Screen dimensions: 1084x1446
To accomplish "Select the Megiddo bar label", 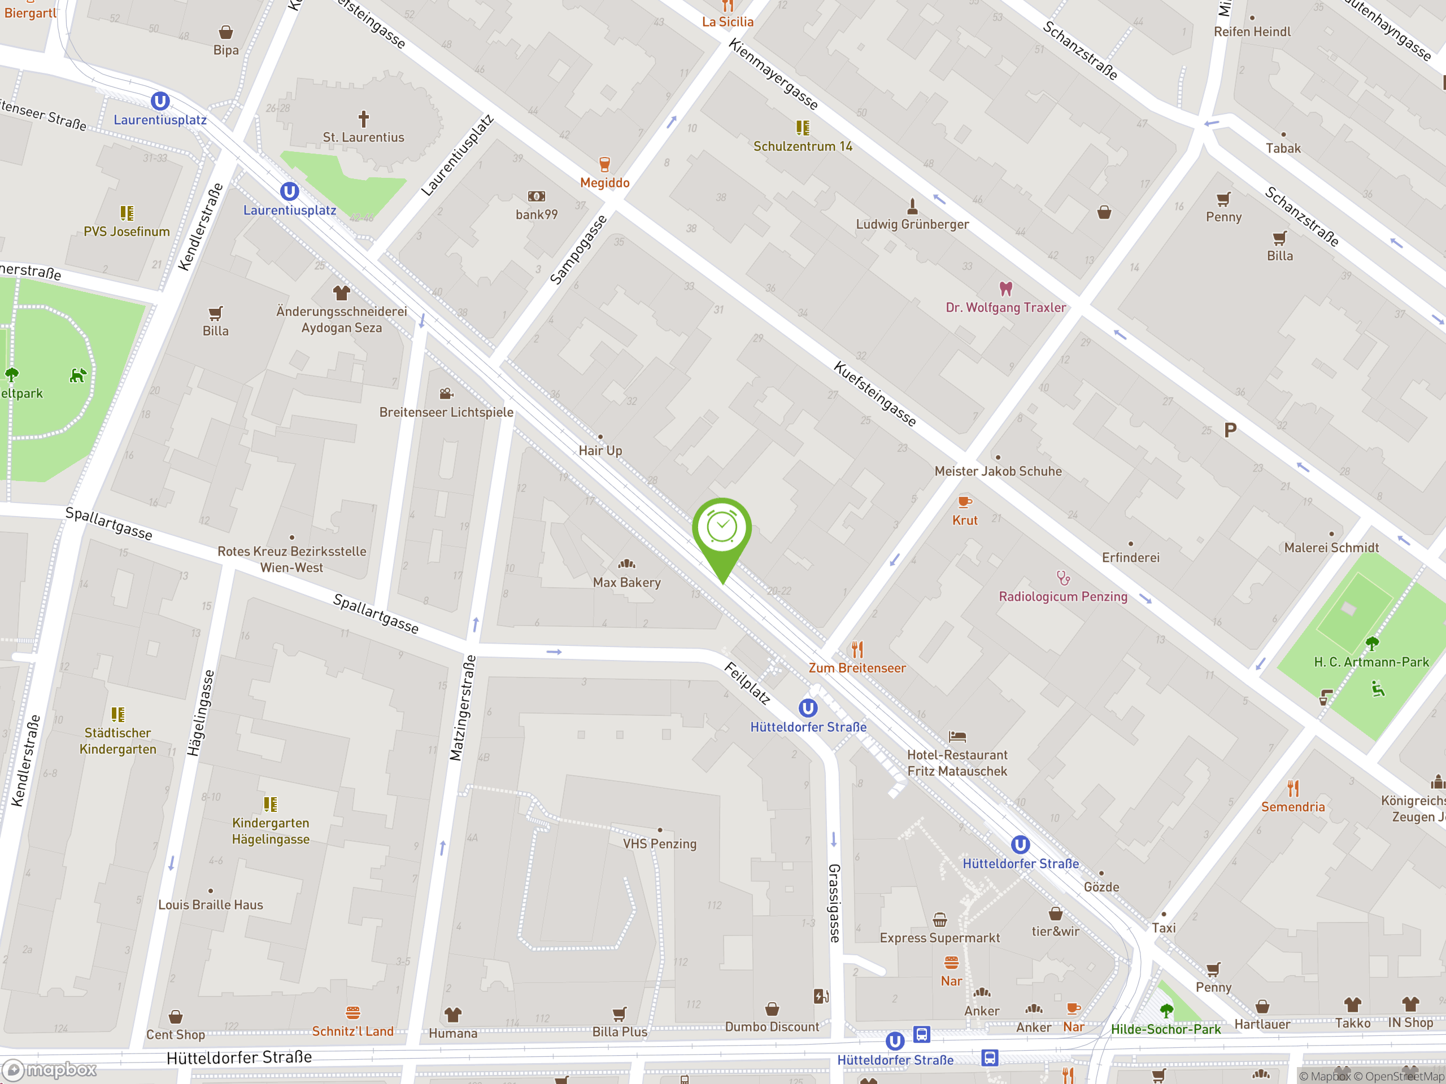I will coord(605,183).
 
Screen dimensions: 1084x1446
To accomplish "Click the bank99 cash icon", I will coord(536,196).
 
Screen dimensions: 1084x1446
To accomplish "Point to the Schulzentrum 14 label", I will coord(803,146).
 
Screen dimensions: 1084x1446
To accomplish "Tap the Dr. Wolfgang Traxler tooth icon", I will coord(1005,288).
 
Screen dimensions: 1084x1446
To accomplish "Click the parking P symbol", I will coord(1230,430).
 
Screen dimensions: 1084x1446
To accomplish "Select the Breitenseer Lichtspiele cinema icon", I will coord(446,394).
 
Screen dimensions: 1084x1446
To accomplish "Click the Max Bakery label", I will coord(626,582).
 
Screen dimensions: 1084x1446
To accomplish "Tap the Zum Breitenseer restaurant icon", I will coord(857,649).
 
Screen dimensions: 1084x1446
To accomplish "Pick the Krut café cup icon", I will coord(964,502).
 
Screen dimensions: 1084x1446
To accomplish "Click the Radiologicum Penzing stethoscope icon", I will coord(1063,578).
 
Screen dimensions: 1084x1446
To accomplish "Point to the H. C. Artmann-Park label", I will coord(1371,662).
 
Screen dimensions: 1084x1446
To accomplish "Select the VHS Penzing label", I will coord(660,843).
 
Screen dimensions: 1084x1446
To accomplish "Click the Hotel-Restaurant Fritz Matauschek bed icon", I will coord(957,736).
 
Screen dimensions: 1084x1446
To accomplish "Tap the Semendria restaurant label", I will coord(1292,807).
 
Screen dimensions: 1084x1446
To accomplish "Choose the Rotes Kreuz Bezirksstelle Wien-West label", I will coord(291,560).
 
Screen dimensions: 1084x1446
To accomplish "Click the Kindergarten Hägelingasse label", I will coord(271,831).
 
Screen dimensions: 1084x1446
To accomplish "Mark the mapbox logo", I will coord(50,1070).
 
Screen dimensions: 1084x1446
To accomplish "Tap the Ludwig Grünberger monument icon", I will coord(913,207).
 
